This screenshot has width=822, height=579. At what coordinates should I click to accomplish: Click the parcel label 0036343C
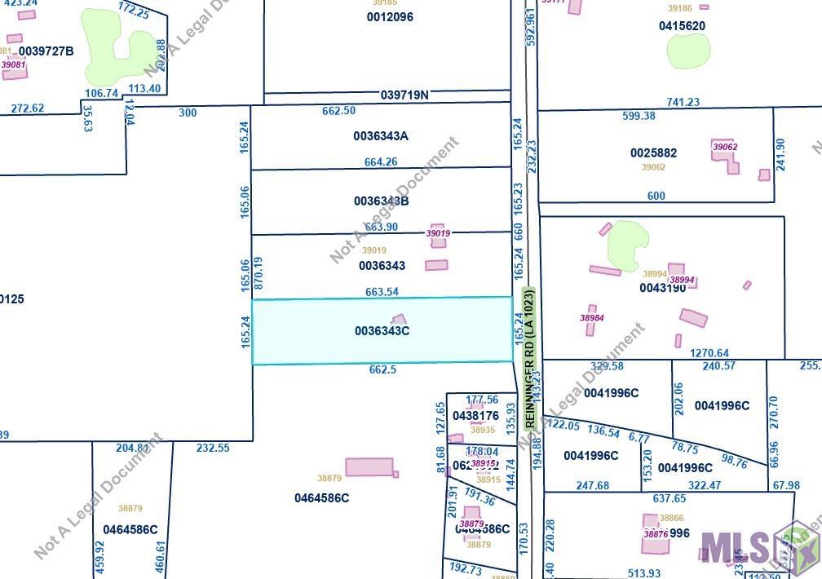[x=382, y=331]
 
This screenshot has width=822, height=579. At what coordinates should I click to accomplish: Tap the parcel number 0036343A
[x=382, y=136]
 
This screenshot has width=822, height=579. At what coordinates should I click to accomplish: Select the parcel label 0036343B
[x=382, y=201]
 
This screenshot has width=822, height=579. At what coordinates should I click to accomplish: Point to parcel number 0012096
[x=390, y=17]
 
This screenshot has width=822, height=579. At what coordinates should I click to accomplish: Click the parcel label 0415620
[x=682, y=26]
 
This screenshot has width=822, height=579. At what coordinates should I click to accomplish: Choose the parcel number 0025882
[x=653, y=153]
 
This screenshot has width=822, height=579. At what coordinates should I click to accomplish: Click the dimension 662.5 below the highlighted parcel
[x=382, y=369]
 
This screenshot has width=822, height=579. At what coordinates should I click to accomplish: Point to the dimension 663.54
[x=382, y=292]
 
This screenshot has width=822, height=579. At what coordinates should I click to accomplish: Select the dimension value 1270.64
[x=709, y=354]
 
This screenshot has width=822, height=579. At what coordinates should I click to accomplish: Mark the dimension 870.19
[x=259, y=273]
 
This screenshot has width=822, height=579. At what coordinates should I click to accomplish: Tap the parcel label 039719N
[x=404, y=95]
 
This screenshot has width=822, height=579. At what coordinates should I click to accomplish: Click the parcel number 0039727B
[x=46, y=51]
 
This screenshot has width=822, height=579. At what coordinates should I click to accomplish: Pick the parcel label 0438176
[x=476, y=416]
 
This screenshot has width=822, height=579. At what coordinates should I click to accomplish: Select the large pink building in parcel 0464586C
[x=369, y=467]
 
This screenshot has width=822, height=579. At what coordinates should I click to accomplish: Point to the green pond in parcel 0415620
[x=689, y=51]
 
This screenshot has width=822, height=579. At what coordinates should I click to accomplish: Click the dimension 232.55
[x=214, y=448]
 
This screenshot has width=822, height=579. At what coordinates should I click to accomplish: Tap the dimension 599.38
[x=639, y=116]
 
